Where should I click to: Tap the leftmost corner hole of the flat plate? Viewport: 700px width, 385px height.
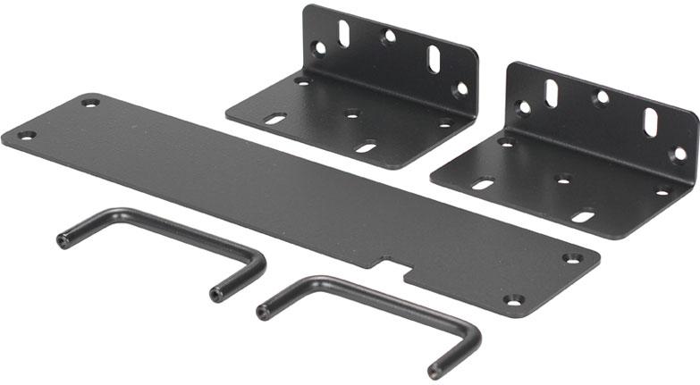(27, 136)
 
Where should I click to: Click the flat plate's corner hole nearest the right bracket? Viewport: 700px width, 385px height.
(572, 258)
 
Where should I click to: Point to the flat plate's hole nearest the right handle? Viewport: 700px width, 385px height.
(512, 300)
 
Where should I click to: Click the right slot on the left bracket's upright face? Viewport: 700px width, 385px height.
(434, 57)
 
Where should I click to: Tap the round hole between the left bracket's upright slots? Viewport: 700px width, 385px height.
(389, 38)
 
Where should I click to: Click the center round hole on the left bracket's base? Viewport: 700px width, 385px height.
(353, 114)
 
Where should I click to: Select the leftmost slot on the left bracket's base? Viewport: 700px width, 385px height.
(275, 118)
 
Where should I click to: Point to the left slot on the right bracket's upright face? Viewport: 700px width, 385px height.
(552, 93)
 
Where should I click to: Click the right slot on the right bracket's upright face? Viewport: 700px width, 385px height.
(652, 121)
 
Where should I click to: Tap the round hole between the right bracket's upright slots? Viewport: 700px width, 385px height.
(603, 96)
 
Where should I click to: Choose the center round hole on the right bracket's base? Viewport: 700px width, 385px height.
(564, 179)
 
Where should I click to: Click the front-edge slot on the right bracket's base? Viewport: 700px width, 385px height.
(582, 215)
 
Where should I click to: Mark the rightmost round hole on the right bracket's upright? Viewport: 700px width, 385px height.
(679, 154)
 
